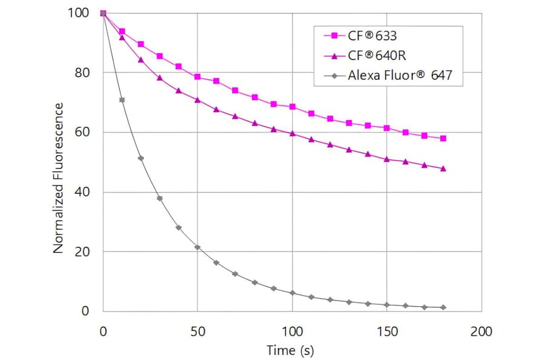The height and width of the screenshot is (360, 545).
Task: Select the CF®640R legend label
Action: point(377,56)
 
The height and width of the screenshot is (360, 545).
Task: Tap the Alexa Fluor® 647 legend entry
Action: point(400,76)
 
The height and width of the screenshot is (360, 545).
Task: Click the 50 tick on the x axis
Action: point(197,332)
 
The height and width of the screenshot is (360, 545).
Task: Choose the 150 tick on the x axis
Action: point(387,332)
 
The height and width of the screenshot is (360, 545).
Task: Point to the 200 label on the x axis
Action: point(482,332)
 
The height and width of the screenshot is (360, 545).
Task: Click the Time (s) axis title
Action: point(291,350)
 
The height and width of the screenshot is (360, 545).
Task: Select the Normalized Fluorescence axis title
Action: point(59,178)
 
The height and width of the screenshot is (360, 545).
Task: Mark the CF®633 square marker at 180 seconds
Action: point(444,138)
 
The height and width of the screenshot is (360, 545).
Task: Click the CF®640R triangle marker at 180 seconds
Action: point(444,168)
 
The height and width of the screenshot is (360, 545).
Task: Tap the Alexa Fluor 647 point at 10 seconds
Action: point(122,99)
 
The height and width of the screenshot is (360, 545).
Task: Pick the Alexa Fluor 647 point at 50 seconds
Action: point(197,247)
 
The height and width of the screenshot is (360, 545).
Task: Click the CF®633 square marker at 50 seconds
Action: point(197,77)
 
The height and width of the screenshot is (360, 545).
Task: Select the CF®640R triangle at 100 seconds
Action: point(292,133)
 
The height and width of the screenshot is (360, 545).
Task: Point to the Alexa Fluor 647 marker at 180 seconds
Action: point(444,307)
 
